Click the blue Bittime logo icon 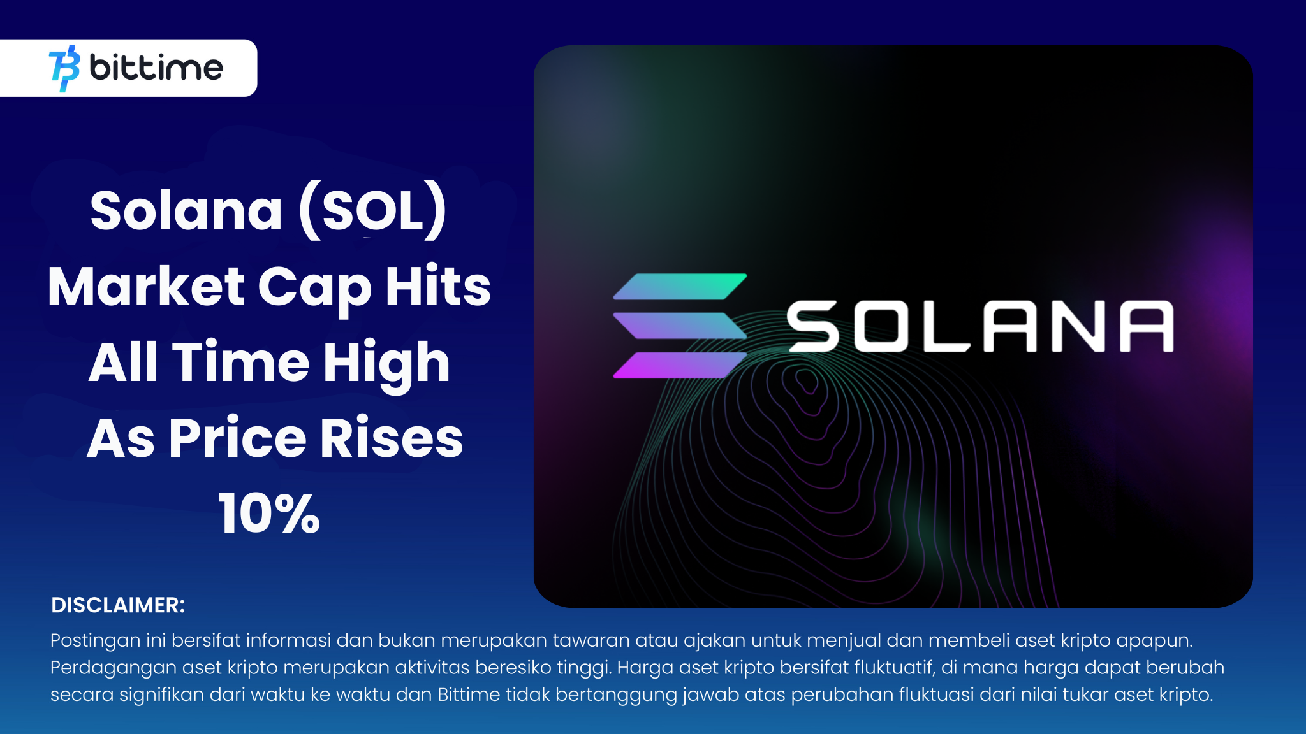pos(64,68)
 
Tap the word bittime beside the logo pos(156,67)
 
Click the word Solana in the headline pos(186,211)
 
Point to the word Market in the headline pos(147,287)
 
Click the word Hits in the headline pos(438,286)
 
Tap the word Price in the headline pos(237,438)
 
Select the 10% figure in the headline pos(269,514)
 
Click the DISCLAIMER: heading pos(118,605)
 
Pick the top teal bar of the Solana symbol pos(680,286)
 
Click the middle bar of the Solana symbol pos(680,326)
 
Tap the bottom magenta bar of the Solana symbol pos(680,365)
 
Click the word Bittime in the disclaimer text pos(469,694)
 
